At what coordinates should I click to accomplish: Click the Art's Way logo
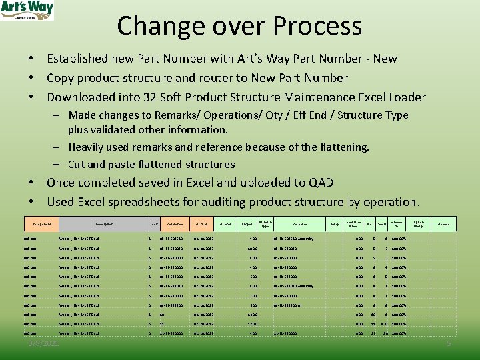27,10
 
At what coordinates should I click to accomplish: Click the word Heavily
89,147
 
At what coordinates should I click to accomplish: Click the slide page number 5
449,343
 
